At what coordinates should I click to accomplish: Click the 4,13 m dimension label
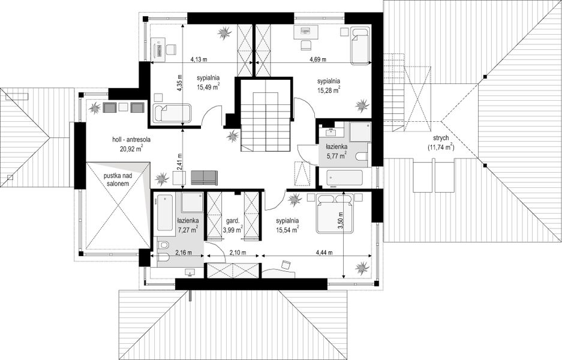[199, 59]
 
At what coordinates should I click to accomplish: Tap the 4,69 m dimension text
[318, 59]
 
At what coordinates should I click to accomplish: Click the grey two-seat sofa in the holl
[204, 177]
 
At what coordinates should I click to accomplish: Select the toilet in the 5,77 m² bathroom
[362, 156]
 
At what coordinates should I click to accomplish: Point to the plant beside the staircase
[232, 136]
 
